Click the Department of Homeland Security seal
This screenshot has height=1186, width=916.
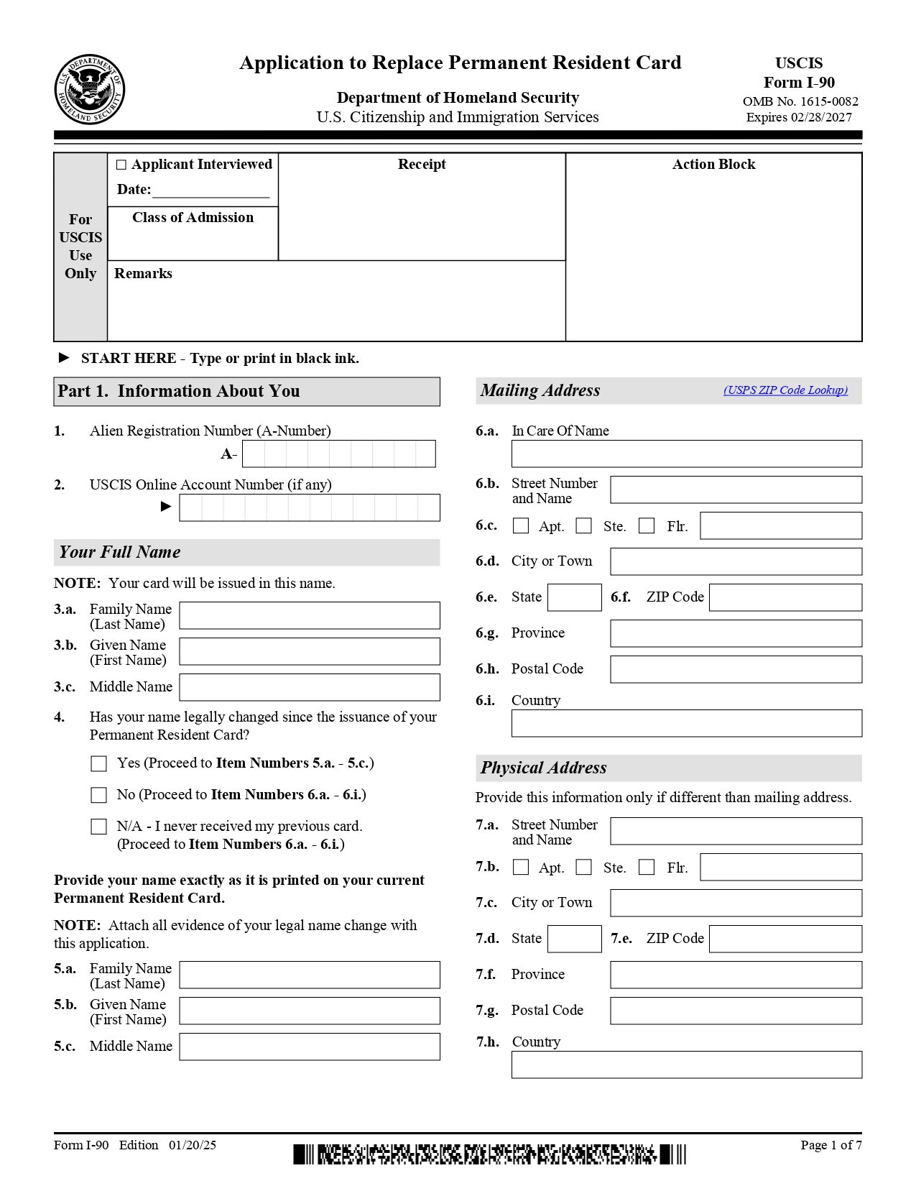[x=90, y=89]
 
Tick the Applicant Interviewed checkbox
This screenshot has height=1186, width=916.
[x=121, y=165]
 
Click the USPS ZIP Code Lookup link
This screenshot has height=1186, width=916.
[x=785, y=390]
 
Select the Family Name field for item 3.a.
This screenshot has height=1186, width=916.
[x=309, y=615]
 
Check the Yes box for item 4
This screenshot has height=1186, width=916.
[x=99, y=763]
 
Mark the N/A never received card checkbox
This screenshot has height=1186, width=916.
[x=99, y=827]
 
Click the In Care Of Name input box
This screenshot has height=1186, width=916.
[x=686, y=454]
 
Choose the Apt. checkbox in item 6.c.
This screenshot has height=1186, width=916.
[x=521, y=526]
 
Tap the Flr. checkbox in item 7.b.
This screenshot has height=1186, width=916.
[x=647, y=868]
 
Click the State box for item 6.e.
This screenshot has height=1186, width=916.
[x=574, y=597]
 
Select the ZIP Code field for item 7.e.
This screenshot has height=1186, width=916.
[x=785, y=939]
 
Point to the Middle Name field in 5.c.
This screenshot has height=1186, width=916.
[x=309, y=1047]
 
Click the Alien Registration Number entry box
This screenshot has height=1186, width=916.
[x=338, y=454]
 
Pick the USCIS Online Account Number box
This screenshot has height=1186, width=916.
[x=309, y=507]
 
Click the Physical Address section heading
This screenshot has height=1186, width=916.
[x=544, y=768]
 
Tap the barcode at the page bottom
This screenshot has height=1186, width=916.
[x=489, y=1154]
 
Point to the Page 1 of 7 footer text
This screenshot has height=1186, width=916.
[x=831, y=1145]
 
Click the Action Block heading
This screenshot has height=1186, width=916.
[x=713, y=165]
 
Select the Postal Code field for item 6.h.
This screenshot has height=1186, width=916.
[x=736, y=669]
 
